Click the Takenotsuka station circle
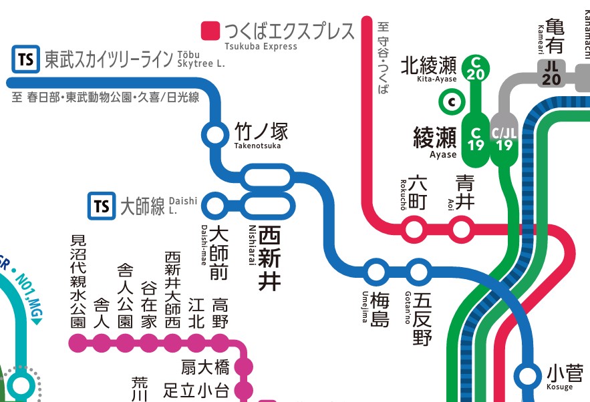(x=216, y=135)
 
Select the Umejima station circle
(x=376, y=272)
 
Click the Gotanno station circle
(x=418, y=272)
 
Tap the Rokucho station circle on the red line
(x=415, y=230)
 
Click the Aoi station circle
(x=462, y=230)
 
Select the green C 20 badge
(x=476, y=68)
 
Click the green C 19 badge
(x=476, y=138)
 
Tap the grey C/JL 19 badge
(x=504, y=138)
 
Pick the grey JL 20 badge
(x=551, y=73)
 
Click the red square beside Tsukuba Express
(x=210, y=31)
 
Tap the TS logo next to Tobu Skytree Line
(x=25, y=59)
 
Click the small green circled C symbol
(x=452, y=102)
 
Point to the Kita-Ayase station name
(x=428, y=65)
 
